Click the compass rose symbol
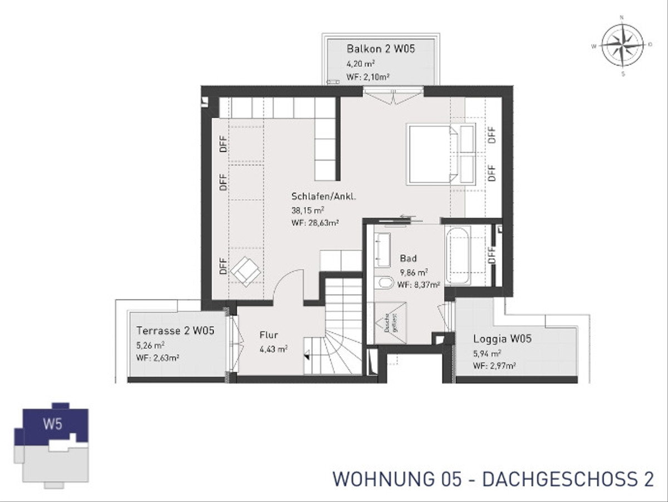click(x=622, y=45)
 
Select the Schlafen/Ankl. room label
click(x=323, y=197)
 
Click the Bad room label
click(x=408, y=259)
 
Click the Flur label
click(x=268, y=335)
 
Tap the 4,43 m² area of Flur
click(x=273, y=349)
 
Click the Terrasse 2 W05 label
click(x=175, y=330)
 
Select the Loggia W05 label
click(x=502, y=338)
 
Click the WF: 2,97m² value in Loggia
click(x=494, y=366)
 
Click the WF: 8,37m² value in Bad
click(x=419, y=284)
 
